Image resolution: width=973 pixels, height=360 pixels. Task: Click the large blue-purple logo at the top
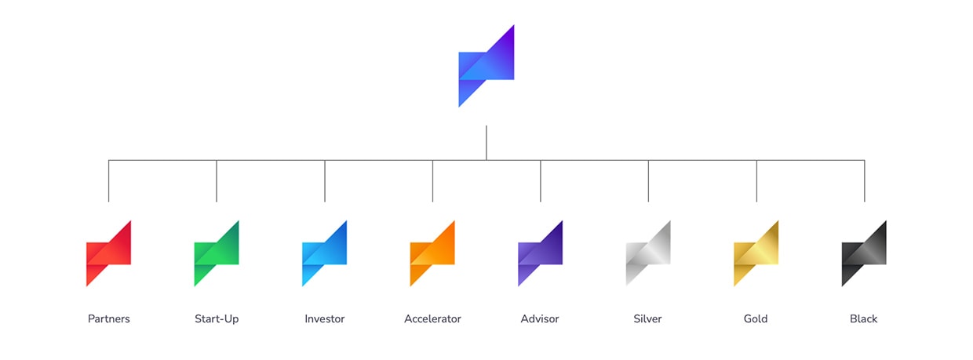[x=486, y=67]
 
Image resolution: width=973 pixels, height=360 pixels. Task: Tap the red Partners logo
[x=108, y=253]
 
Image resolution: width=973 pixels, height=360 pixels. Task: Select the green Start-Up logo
[x=217, y=253]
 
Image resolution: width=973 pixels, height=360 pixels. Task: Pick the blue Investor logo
[x=324, y=253]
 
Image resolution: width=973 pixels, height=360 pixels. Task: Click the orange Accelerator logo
[x=432, y=253]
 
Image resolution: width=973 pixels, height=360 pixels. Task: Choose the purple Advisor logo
[x=540, y=253]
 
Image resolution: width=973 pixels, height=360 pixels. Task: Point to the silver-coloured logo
[x=648, y=253]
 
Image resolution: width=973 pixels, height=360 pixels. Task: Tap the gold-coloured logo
[x=756, y=253]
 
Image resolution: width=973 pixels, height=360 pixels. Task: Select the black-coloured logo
[x=864, y=253]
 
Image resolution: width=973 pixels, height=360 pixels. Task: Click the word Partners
[x=109, y=319]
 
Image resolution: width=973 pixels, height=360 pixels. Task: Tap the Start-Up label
[x=217, y=319]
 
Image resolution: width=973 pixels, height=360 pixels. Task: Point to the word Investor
[x=325, y=319]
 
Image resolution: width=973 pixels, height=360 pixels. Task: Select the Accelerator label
[x=432, y=319]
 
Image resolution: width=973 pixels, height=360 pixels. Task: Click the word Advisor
[x=541, y=319]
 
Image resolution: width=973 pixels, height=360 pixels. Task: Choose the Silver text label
[x=648, y=319]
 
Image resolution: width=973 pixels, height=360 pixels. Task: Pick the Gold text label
[x=756, y=319]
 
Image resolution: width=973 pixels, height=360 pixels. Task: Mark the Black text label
[x=864, y=319]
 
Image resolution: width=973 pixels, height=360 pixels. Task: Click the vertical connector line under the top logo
[x=486, y=143]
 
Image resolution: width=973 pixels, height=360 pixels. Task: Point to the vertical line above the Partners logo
[x=109, y=181]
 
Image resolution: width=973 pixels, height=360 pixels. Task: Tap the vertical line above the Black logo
[x=864, y=181]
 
